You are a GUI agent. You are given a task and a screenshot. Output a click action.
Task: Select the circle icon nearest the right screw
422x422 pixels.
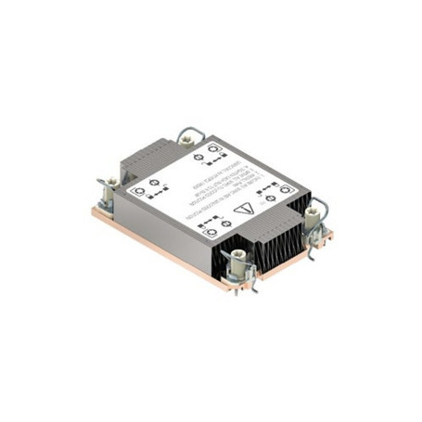[x=284, y=187]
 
